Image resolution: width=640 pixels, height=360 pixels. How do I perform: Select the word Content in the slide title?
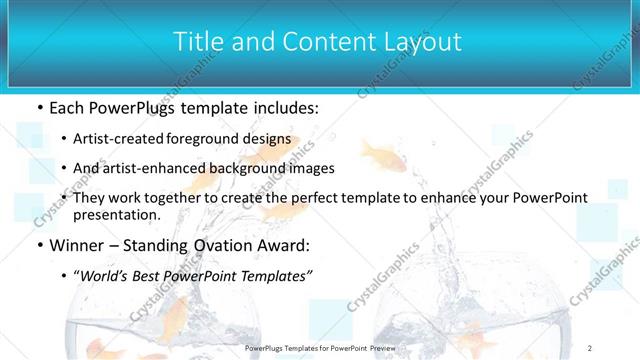pos(319,42)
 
